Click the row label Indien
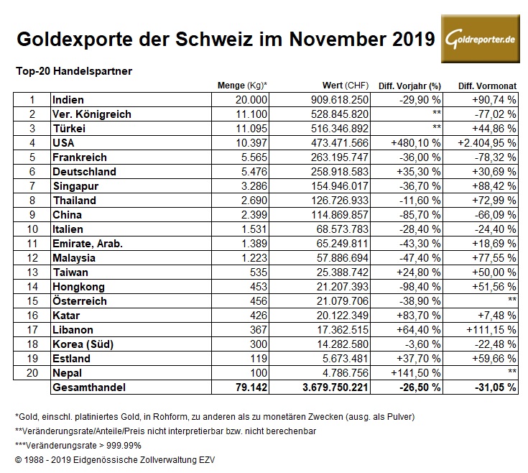click(x=69, y=99)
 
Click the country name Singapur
click(x=76, y=186)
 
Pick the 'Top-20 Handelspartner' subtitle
click(x=69, y=70)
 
